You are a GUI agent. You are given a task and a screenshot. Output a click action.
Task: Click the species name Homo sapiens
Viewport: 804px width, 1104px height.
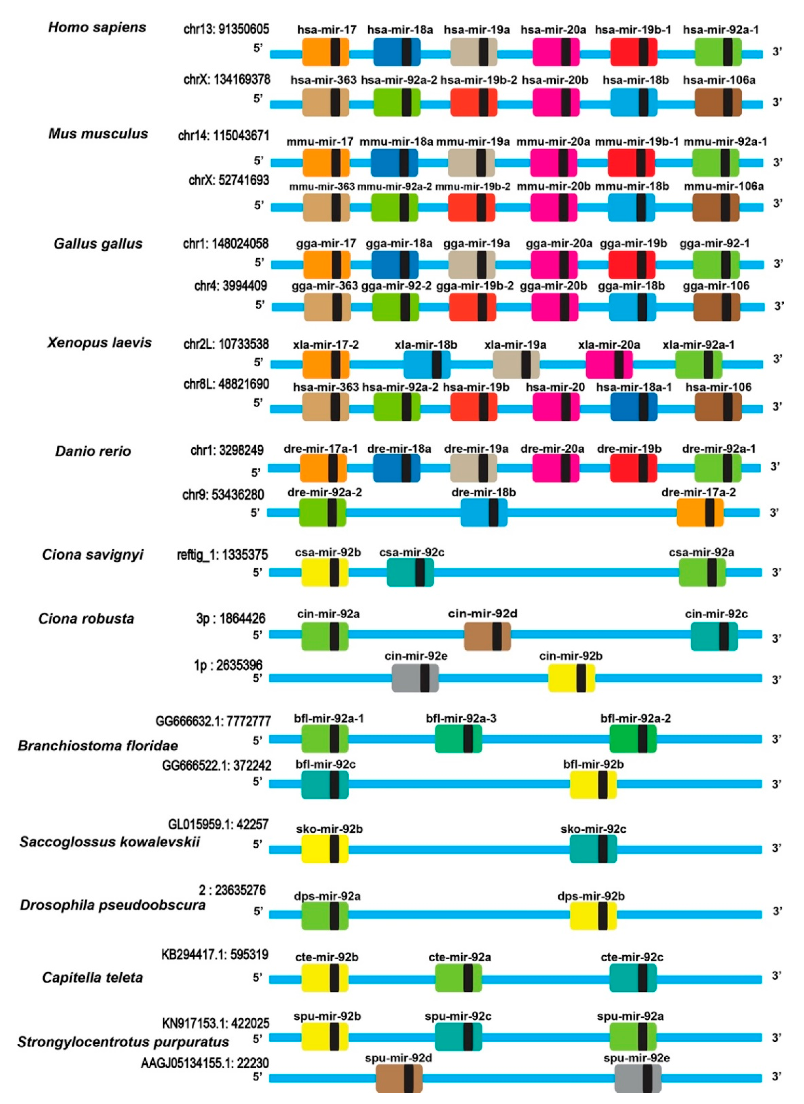pos(97,27)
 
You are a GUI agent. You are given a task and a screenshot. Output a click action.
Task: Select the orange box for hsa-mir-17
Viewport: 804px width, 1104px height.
pos(325,52)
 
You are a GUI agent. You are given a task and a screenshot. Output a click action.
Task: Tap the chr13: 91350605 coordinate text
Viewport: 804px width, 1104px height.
pos(226,29)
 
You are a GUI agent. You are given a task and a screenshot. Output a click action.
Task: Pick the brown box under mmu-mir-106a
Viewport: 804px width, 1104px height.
pos(715,207)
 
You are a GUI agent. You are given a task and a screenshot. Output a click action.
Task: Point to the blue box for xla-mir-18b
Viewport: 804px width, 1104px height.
pos(427,365)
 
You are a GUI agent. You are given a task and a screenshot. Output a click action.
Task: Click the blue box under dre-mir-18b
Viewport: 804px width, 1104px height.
pos(484,512)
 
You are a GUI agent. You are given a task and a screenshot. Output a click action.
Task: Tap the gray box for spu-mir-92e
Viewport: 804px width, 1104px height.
pos(638,1078)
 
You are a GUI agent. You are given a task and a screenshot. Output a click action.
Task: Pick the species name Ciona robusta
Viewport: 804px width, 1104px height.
pos(86,619)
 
